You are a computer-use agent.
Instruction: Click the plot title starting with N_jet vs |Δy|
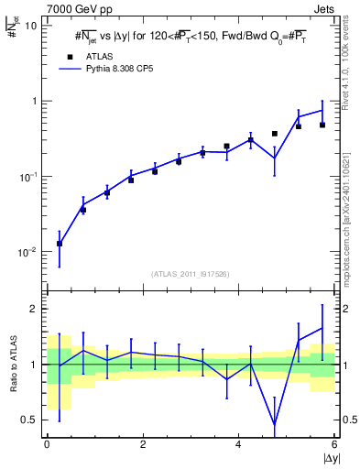click(191, 37)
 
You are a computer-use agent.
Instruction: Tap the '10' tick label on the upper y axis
click(30, 26)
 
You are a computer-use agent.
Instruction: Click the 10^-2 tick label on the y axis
click(27, 252)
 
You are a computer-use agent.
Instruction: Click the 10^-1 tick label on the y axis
click(27, 177)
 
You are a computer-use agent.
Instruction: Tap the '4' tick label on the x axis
click(239, 444)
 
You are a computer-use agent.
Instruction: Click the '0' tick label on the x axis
click(47, 444)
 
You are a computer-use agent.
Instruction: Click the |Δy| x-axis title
click(327, 457)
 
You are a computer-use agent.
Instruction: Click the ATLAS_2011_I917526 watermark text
click(191, 274)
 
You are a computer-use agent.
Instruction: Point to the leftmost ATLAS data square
click(60, 244)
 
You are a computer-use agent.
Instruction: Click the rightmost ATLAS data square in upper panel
click(322, 125)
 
